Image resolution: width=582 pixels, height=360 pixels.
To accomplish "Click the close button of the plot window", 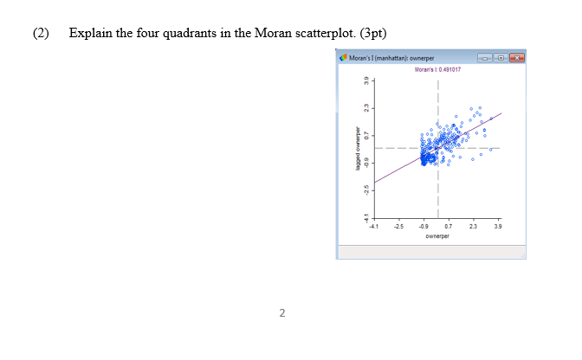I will point(517,59).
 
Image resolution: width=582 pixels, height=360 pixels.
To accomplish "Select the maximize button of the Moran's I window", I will point(503,59).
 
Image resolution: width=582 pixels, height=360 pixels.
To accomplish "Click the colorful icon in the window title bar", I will point(344,59).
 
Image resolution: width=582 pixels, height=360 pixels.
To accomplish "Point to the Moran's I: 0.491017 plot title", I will point(437,68).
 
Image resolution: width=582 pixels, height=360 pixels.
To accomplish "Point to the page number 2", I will point(281,312).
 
